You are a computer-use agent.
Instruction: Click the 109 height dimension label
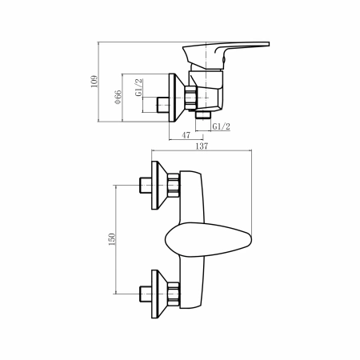[94, 82]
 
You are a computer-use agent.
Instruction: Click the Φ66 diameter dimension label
[118, 98]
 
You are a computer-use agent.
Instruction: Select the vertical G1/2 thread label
[138, 87]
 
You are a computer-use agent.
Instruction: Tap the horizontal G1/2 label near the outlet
[221, 126]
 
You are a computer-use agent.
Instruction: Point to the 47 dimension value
[186, 135]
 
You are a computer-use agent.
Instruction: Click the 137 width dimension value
[202, 146]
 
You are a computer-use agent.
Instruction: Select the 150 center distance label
[112, 239]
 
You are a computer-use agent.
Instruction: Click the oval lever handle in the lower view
[208, 240]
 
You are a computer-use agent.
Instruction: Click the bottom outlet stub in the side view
[203, 115]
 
